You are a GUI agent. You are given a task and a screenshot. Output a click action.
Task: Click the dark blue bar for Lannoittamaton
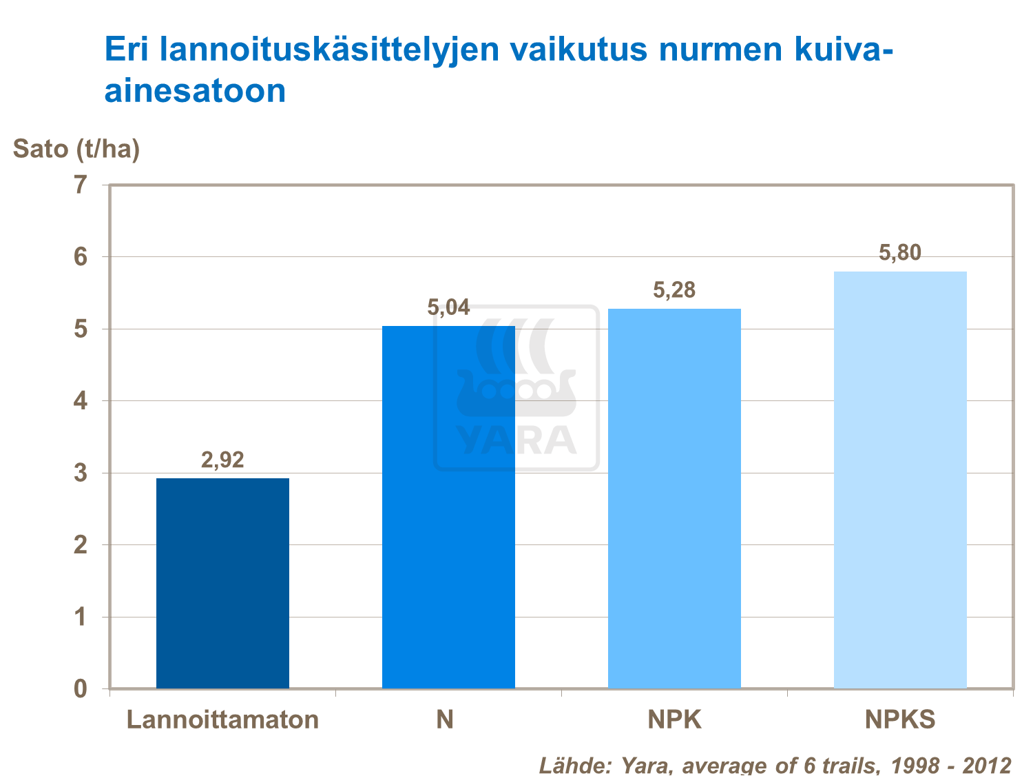click(222, 583)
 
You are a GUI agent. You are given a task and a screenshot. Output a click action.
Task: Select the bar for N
click(448, 507)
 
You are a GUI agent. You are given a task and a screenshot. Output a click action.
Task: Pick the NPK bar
click(674, 498)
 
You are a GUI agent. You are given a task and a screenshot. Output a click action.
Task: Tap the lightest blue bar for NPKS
click(900, 480)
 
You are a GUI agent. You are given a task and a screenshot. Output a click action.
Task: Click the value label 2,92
click(222, 460)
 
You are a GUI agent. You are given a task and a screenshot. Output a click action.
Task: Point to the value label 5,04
click(448, 307)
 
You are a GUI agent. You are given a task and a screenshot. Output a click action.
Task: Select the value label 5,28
click(674, 290)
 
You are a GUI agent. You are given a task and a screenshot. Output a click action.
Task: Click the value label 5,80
click(900, 253)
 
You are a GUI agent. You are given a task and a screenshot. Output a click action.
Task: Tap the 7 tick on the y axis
click(81, 185)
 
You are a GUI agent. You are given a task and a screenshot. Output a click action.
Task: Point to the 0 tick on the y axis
click(81, 688)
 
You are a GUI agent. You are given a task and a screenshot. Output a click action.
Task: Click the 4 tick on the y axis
click(81, 400)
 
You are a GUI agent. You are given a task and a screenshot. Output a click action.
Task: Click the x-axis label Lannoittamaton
click(222, 719)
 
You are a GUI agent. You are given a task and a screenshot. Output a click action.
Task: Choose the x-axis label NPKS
click(900, 719)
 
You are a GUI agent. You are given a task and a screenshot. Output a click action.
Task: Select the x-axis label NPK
click(674, 719)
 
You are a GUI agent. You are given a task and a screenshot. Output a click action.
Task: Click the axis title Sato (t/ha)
click(76, 148)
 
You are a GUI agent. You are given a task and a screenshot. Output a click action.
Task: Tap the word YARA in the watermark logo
click(516, 441)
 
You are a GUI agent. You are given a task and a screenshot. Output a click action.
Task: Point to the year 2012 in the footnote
click(986, 765)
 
